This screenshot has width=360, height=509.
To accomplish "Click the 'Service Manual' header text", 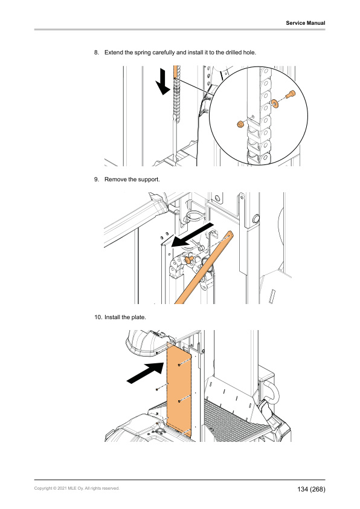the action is click(305, 23).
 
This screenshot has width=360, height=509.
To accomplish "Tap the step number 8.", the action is click(97, 52).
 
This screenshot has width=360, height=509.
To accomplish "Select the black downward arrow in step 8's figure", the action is click(163, 83).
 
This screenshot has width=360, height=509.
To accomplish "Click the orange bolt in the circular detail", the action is click(290, 94).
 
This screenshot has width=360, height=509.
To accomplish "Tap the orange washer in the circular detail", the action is click(275, 103).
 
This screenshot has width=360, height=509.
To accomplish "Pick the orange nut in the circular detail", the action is click(240, 124).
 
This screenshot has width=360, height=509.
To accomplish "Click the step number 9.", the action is click(97, 179).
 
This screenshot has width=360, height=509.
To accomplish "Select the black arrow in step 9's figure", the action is click(193, 235).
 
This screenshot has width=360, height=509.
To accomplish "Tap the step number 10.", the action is click(98, 317).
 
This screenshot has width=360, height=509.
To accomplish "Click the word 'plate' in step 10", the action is click(138, 317).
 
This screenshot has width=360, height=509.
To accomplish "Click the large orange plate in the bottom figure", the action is click(179, 389).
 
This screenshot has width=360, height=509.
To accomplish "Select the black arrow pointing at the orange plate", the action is click(146, 374).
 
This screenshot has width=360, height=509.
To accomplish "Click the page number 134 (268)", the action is click(311, 489).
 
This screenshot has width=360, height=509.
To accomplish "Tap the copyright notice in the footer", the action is click(77, 488).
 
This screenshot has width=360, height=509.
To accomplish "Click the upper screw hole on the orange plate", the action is click(179, 365).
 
